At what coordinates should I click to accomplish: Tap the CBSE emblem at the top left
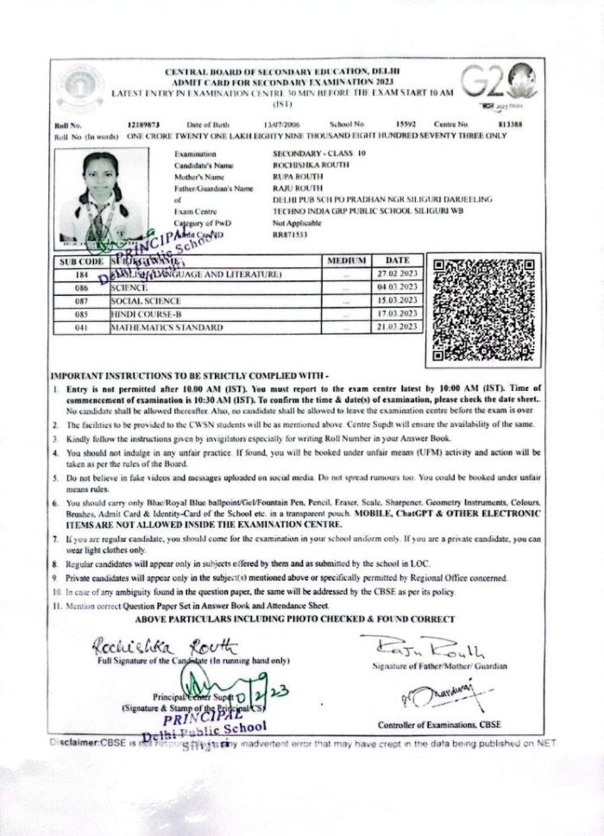click(x=79, y=87)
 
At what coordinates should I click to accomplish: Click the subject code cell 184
click(x=82, y=274)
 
